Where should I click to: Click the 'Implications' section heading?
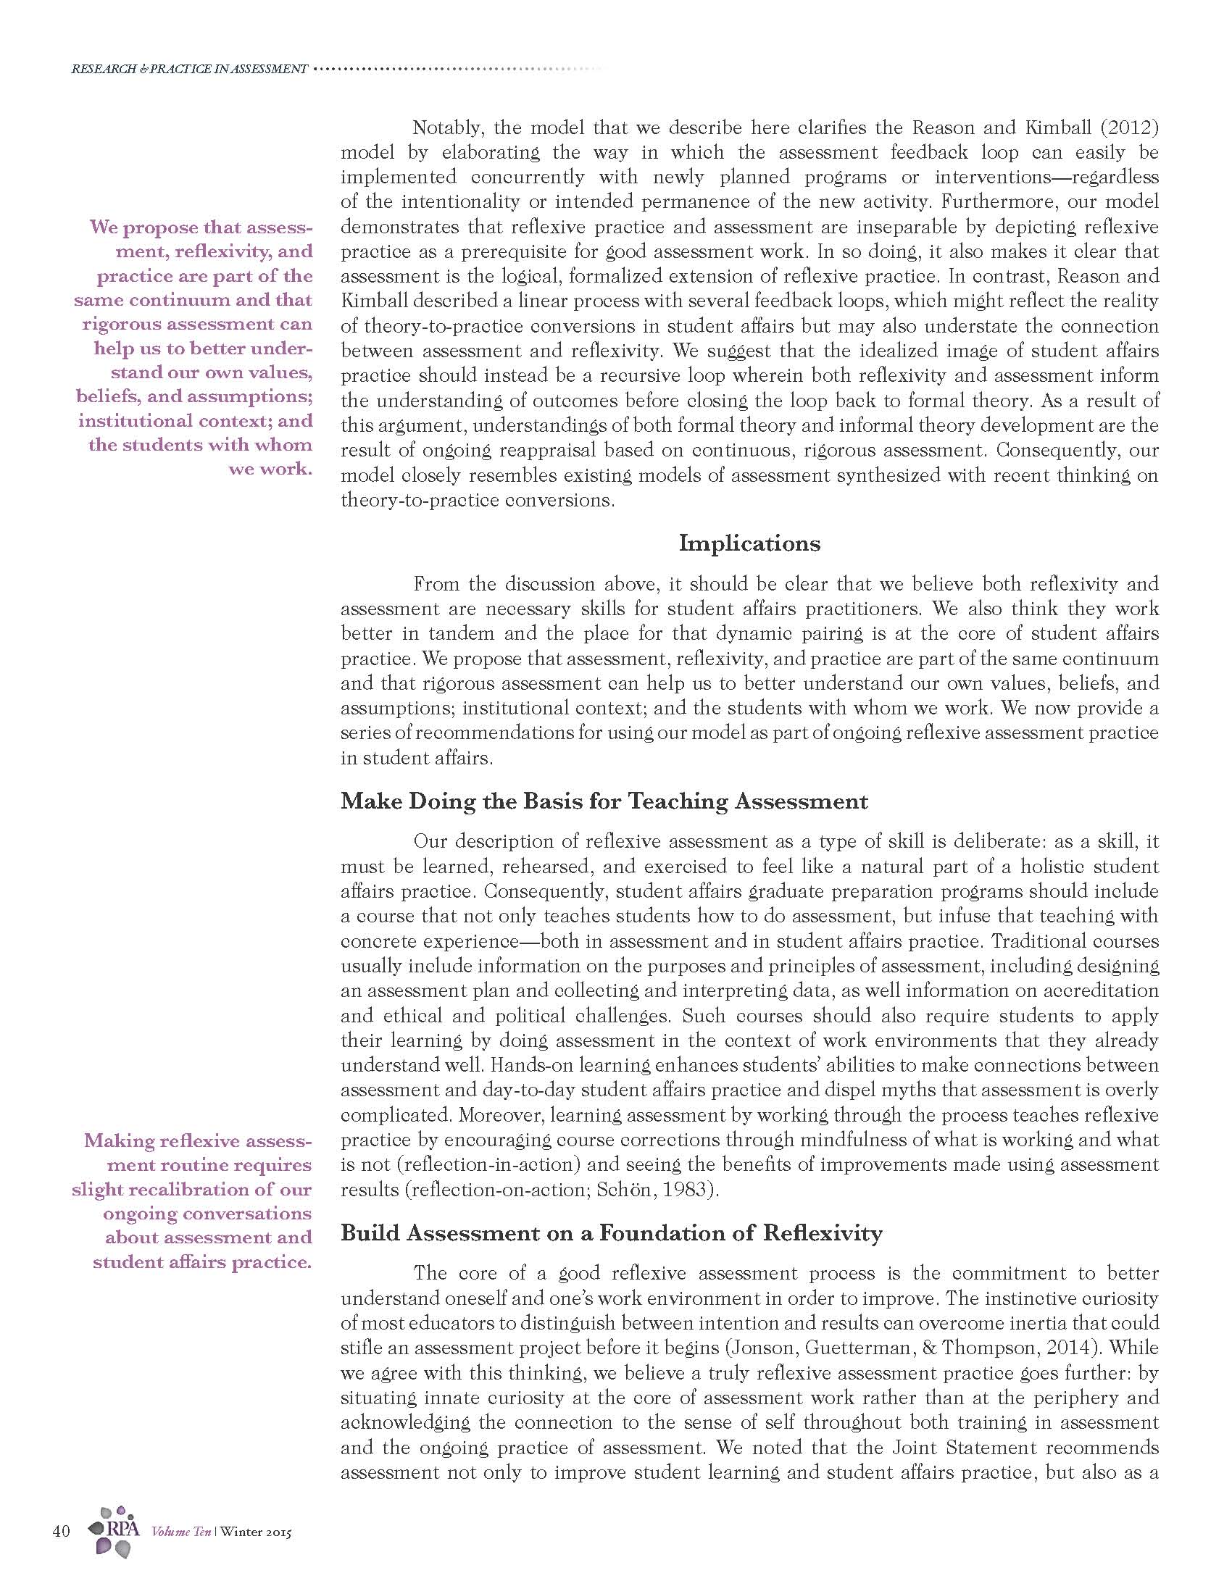[749, 543]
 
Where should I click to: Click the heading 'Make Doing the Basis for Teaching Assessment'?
[604, 801]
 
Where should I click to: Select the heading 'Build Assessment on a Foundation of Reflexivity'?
[612, 1232]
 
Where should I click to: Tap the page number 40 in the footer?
[62, 1530]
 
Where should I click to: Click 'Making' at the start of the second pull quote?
[120, 1140]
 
